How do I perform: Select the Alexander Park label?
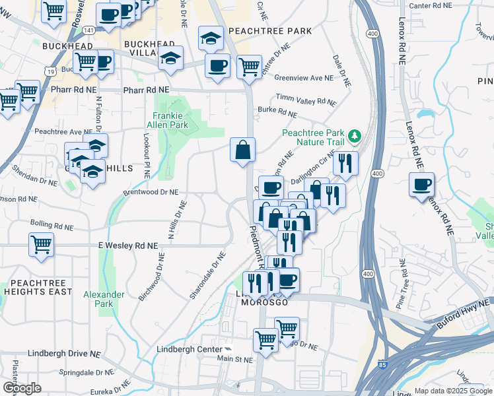point(104,299)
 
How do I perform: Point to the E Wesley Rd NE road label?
point(129,246)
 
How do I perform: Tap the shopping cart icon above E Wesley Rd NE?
point(41,244)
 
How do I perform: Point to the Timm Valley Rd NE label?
point(306,100)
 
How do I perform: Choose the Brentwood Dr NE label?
point(151,192)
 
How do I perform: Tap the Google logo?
point(22,388)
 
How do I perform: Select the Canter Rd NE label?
point(430,5)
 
